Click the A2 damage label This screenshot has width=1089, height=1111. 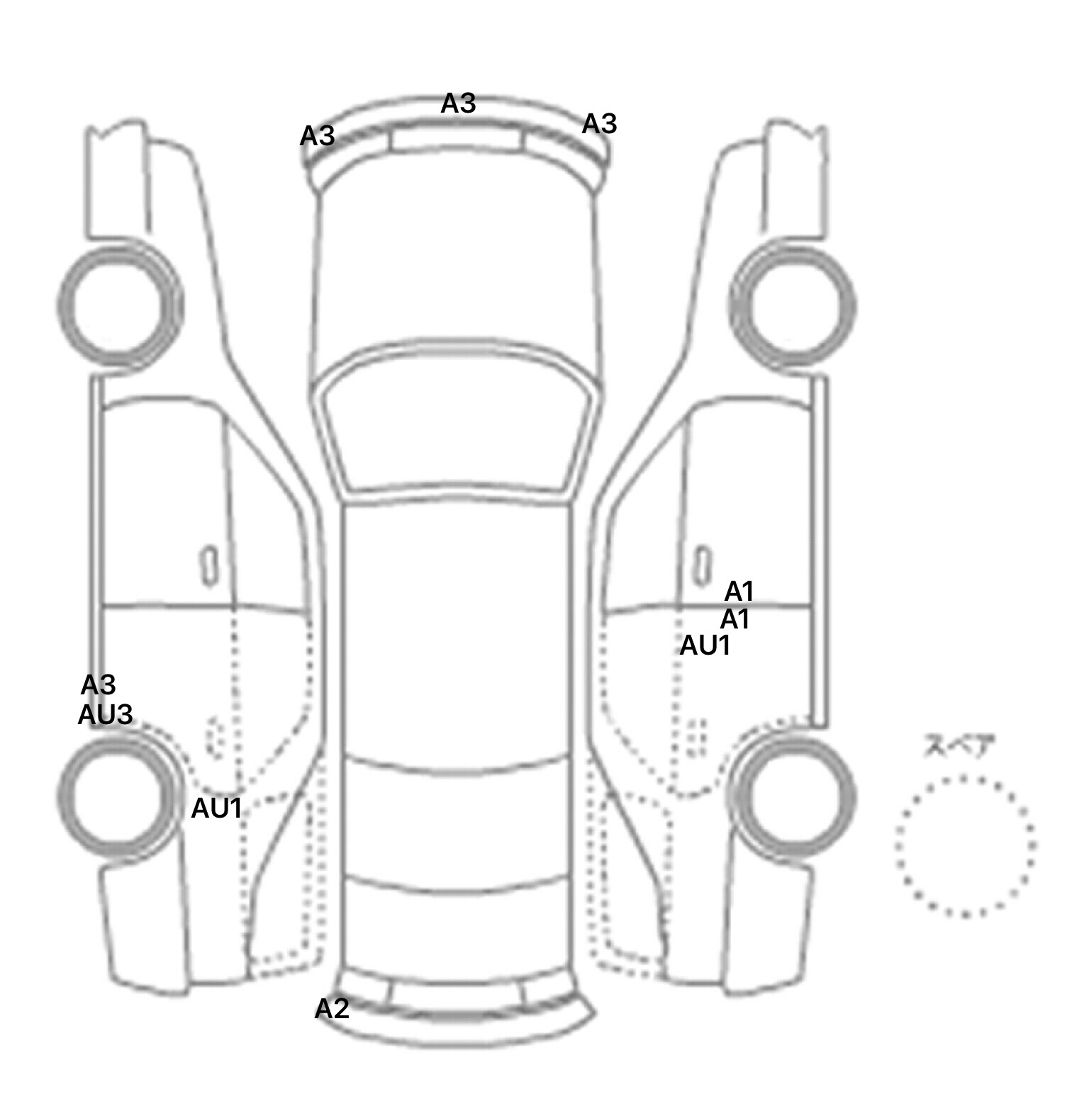tap(332, 1008)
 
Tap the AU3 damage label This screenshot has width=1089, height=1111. tap(105, 714)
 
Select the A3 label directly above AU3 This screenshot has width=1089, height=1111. tap(98, 684)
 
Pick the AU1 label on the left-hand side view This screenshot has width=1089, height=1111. tap(217, 808)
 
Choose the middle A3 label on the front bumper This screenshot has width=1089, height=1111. tap(458, 103)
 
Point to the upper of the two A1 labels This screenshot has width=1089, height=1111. tap(739, 591)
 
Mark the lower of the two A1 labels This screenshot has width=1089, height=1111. tap(735, 619)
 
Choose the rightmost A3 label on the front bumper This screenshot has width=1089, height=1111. tap(599, 124)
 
